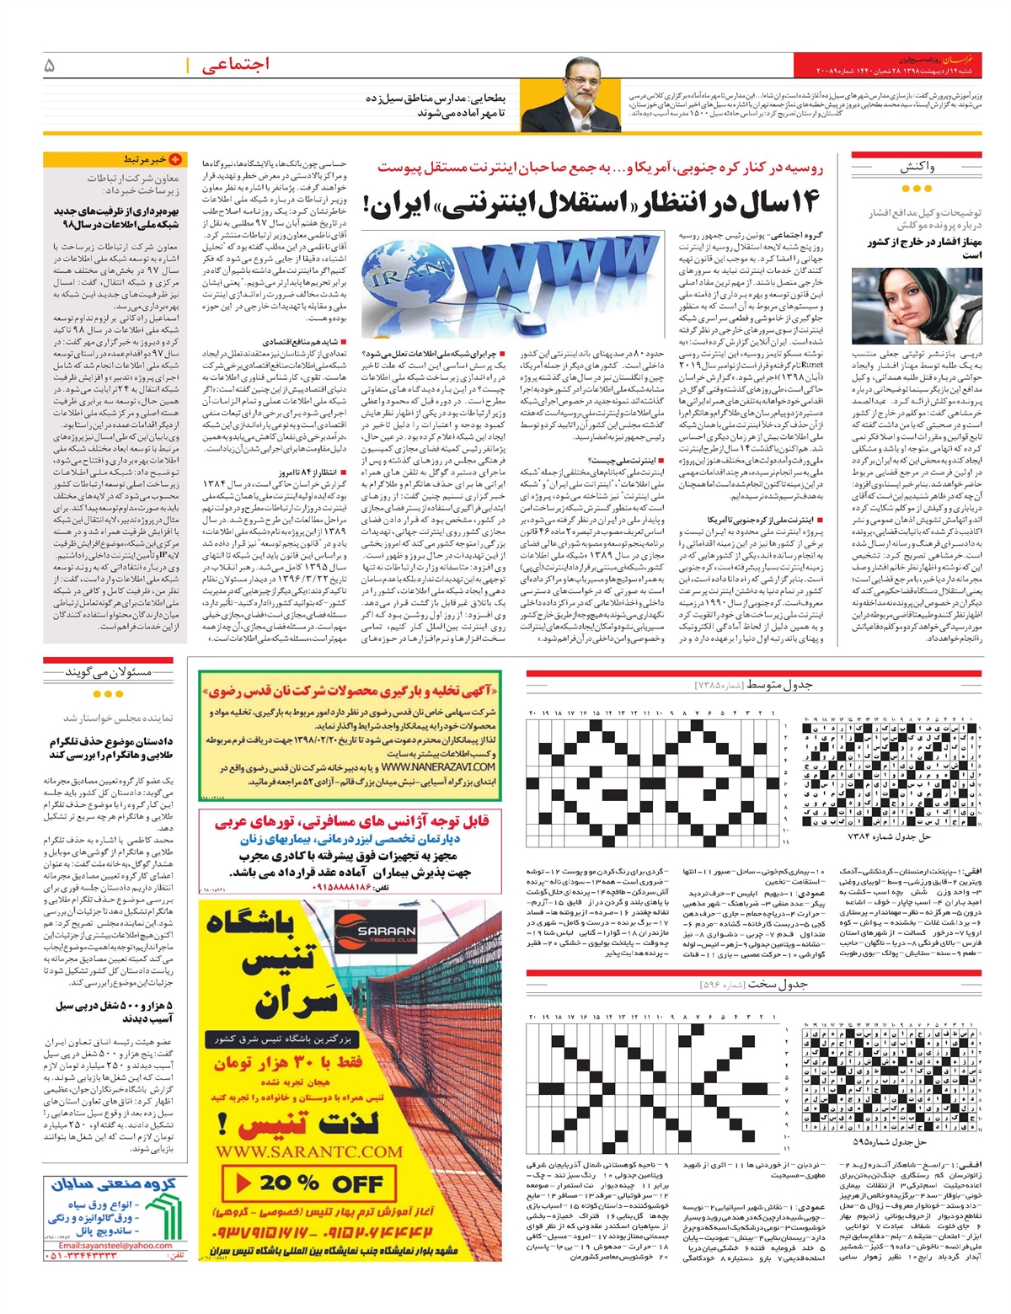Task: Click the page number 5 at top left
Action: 50,65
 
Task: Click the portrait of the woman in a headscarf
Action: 917,307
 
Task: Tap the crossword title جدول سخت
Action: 778,984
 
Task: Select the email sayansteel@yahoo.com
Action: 115,1246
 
